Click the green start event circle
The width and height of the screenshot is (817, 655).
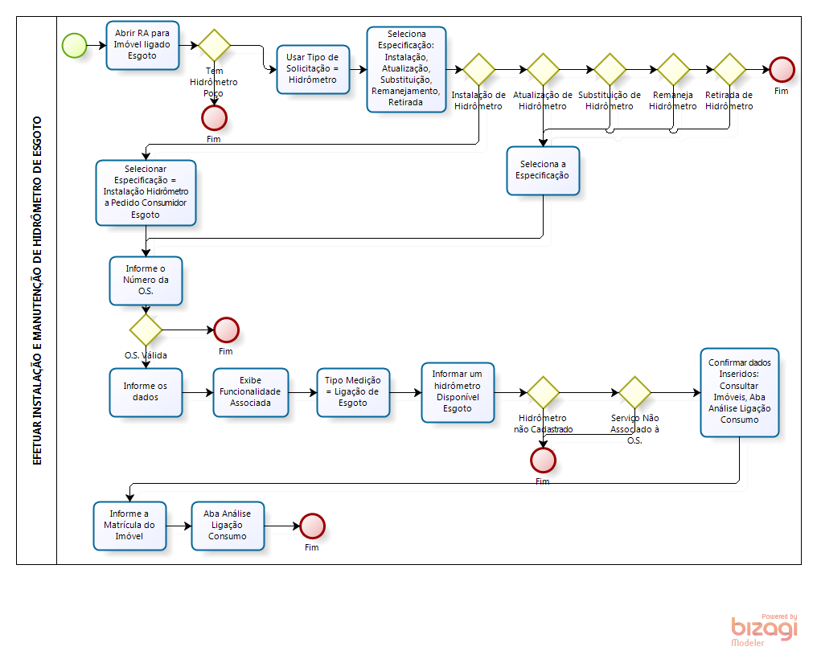74,45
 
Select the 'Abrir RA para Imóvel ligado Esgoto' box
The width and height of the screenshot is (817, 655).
142,45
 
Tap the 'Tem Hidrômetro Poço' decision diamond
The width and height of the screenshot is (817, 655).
215,45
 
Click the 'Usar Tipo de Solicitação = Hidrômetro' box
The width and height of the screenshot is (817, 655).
313,69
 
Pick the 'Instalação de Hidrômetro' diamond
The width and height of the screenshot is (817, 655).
478,69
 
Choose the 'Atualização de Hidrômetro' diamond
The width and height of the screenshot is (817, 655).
543,69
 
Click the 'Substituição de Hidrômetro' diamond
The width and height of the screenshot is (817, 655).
610,69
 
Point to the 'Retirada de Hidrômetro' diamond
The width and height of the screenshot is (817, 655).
729,69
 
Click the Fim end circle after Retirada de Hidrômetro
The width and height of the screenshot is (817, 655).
782,70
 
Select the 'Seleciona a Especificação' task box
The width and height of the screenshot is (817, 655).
544,170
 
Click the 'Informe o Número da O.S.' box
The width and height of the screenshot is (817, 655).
146,280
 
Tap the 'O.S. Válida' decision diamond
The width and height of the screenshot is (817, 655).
146,330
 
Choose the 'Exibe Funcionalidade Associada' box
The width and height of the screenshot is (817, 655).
251,392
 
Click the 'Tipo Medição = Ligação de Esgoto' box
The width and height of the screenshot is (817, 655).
353,392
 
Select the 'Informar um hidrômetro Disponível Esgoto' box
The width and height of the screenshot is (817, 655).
458,392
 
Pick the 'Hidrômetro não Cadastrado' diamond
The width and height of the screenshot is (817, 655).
543,392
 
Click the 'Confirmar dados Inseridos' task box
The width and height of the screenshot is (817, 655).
739,392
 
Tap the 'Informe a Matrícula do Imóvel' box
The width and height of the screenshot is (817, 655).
130,526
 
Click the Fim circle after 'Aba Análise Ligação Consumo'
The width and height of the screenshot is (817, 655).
312,526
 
